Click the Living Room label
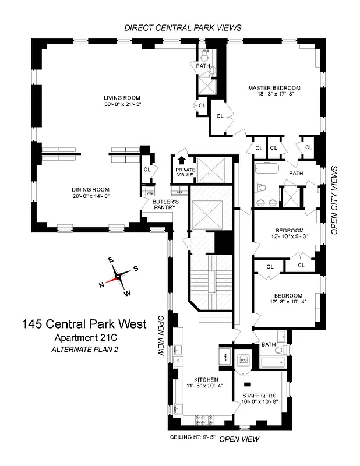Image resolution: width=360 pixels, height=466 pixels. point(122,97)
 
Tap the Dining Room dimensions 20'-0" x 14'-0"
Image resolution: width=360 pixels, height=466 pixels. point(90,197)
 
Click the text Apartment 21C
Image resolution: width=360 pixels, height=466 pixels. point(86,338)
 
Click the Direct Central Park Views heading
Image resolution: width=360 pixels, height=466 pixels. point(182,27)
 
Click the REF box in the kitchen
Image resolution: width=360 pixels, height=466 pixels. point(226,355)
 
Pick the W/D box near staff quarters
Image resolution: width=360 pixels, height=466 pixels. point(245,360)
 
